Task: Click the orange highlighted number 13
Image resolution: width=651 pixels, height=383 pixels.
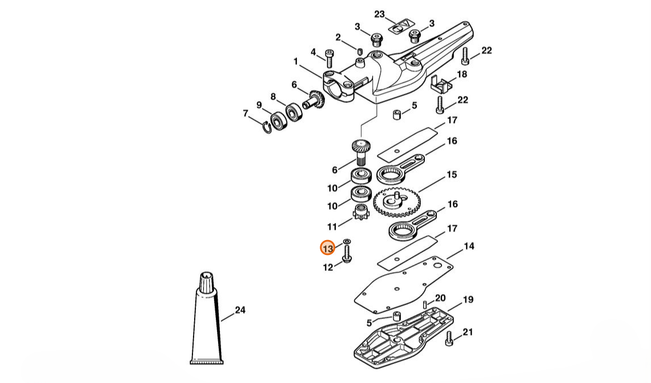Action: tap(328, 249)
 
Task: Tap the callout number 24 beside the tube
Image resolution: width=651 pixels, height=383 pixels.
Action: tap(240, 310)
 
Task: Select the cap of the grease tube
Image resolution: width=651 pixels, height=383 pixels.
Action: tap(206, 282)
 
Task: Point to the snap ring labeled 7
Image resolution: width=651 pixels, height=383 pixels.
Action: tap(267, 127)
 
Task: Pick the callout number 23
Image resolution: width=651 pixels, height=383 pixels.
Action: tap(380, 14)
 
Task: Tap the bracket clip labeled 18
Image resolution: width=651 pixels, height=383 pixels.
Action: tap(440, 85)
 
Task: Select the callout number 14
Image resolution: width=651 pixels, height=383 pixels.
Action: tap(469, 246)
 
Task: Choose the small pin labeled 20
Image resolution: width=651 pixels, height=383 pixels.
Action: tap(425, 304)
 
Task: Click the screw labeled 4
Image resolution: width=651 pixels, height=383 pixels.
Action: tap(329, 58)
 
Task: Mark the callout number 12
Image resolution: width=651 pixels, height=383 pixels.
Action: tap(328, 267)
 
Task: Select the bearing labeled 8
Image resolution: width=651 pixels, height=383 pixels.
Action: tap(294, 112)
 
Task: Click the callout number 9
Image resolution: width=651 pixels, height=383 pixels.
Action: tap(259, 105)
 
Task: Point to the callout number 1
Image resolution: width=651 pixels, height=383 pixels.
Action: tap(296, 62)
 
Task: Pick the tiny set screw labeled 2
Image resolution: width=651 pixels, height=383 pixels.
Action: tap(360, 51)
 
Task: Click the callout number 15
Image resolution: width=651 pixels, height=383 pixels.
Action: tap(452, 174)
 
